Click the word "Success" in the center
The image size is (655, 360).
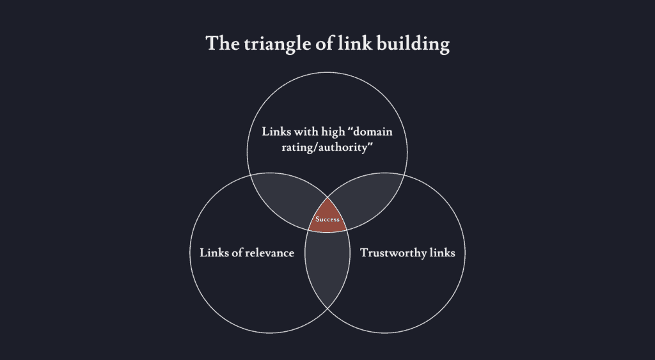327,219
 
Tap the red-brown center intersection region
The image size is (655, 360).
327,217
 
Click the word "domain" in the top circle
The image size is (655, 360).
373,132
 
